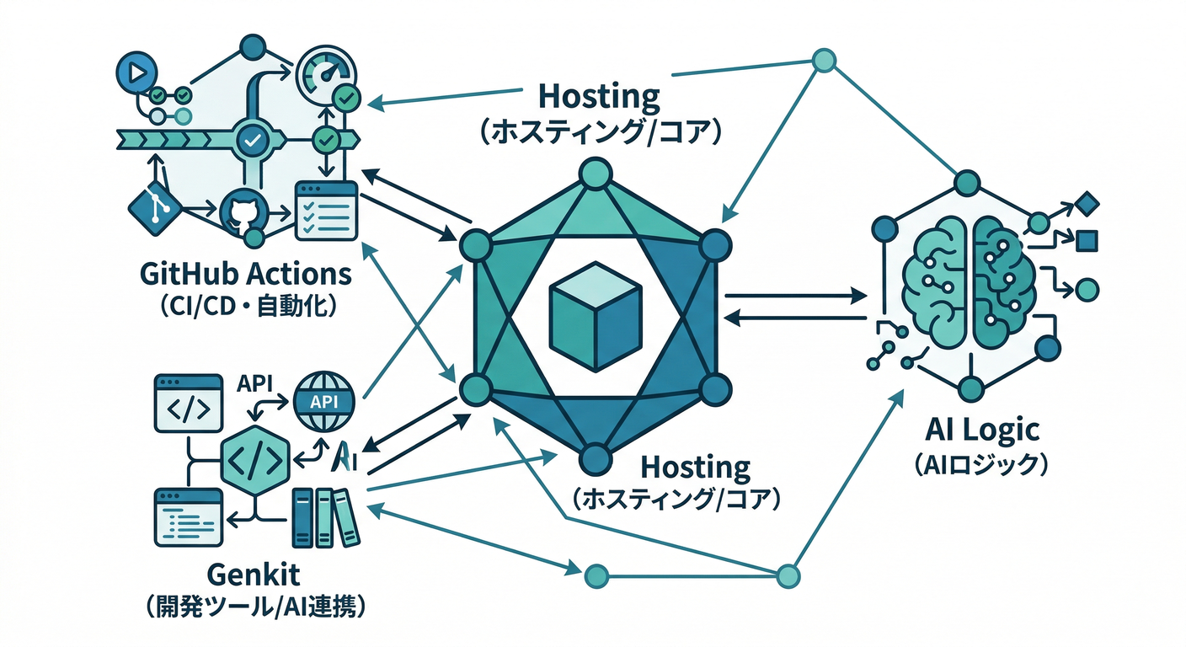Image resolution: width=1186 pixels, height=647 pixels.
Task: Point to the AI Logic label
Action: click(x=981, y=430)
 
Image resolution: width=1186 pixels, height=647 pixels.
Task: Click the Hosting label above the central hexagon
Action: click(x=599, y=96)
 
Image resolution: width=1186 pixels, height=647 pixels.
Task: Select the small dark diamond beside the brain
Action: click(x=1087, y=203)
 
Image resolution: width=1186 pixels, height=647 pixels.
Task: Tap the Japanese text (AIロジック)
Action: click(x=981, y=464)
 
